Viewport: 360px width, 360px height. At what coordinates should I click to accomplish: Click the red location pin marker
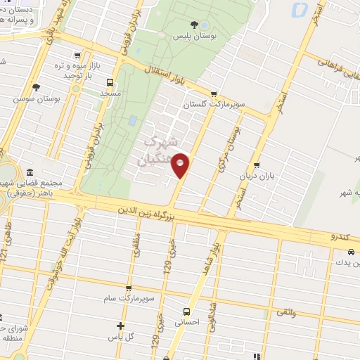181,165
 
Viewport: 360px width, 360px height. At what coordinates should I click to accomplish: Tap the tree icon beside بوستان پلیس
214,25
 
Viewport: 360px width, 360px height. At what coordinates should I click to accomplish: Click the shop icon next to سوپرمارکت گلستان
214,94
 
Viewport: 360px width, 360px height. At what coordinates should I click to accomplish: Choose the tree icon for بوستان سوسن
36,87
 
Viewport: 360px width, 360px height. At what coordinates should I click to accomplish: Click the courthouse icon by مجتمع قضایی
30,173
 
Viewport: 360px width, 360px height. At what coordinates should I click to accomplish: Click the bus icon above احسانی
186,311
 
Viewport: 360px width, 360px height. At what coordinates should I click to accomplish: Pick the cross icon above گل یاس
121,326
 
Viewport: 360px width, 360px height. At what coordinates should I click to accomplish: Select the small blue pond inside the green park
132,120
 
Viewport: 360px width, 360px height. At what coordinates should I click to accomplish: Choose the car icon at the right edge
350,252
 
